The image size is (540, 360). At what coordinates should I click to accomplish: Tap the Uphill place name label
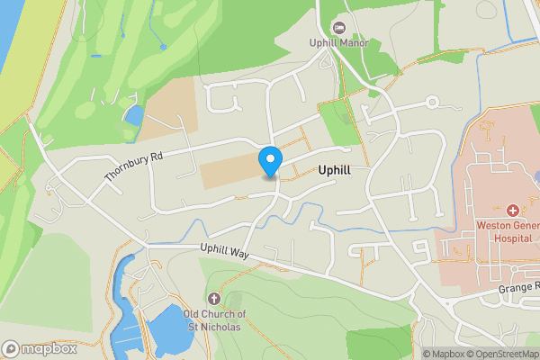338,169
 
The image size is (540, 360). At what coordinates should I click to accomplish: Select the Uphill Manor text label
340,42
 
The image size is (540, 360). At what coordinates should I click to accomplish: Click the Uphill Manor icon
339,26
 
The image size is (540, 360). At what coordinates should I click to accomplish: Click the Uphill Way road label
224,254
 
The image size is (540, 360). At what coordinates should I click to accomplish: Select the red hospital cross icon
513,209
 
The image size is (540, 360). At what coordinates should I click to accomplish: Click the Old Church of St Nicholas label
214,319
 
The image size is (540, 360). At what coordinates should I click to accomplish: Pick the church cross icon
213,298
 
